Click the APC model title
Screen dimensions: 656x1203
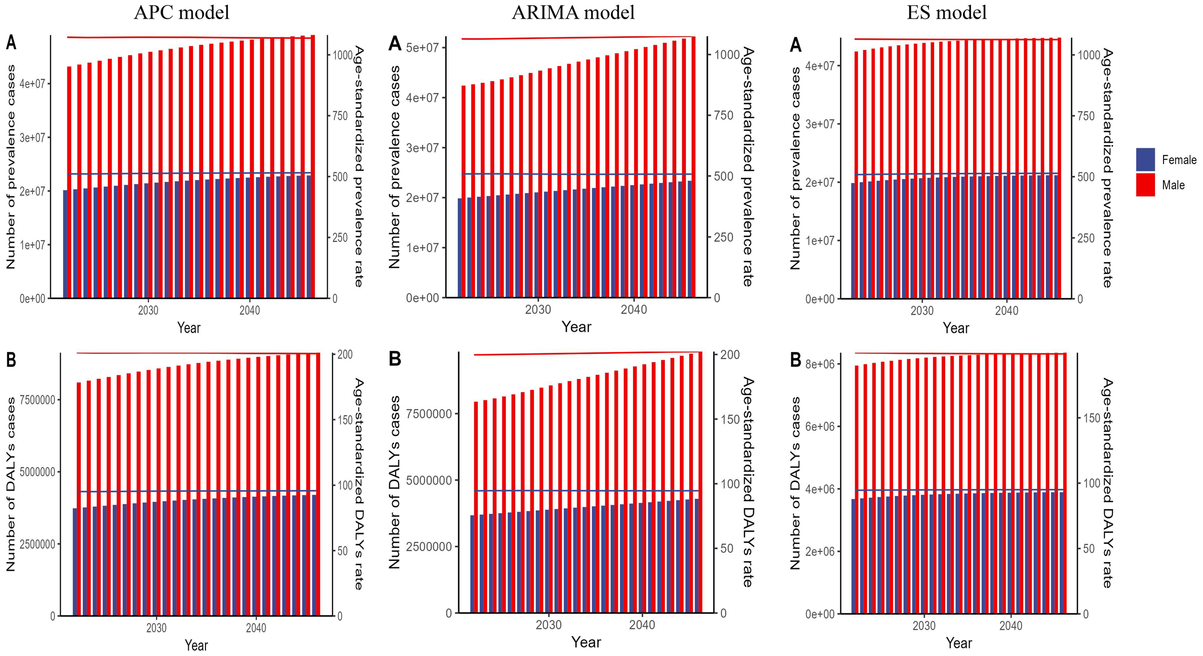pos(181,13)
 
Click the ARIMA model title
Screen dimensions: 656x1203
pos(573,13)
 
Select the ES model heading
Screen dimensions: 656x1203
pos(946,13)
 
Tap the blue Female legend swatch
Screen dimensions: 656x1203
pos(1145,160)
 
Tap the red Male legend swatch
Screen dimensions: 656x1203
pos(1145,185)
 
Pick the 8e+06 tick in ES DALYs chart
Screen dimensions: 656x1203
pos(820,364)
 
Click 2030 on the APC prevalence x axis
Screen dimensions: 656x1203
pos(148,311)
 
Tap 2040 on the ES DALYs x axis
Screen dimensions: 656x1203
pos(1011,626)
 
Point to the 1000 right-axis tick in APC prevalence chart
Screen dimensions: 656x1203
pos(343,55)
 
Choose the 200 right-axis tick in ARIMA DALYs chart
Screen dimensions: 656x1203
pos(729,355)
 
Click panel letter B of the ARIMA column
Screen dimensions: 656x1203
pos(395,359)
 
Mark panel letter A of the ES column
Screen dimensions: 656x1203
pos(795,45)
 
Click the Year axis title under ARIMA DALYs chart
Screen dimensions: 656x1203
pos(586,642)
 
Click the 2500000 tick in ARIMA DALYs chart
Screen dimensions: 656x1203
pos(429,547)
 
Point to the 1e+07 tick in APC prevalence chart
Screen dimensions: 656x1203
pos(32,245)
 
